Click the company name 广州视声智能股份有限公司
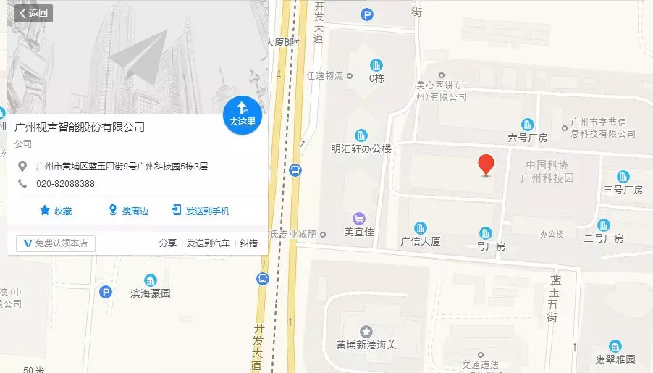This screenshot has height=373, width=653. (80, 127)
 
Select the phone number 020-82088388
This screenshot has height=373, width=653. (65, 183)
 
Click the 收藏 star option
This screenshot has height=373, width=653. (56, 211)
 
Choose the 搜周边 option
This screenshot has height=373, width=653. (128, 211)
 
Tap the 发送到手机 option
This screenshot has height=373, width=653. (201, 211)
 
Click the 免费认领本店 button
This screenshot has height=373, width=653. (55, 243)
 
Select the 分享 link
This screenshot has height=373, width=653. (168, 243)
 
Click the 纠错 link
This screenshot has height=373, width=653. (249, 243)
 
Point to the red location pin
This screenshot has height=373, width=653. (487, 165)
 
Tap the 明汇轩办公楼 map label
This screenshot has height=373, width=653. (361, 148)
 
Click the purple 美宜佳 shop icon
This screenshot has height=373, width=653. (358, 218)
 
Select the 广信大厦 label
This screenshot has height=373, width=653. (420, 241)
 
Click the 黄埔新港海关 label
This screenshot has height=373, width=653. (366, 345)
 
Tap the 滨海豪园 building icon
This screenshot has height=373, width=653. (151, 281)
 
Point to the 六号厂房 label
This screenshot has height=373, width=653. (527, 138)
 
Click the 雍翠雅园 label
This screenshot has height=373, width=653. (615, 359)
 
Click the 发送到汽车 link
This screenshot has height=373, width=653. (208, 243)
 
